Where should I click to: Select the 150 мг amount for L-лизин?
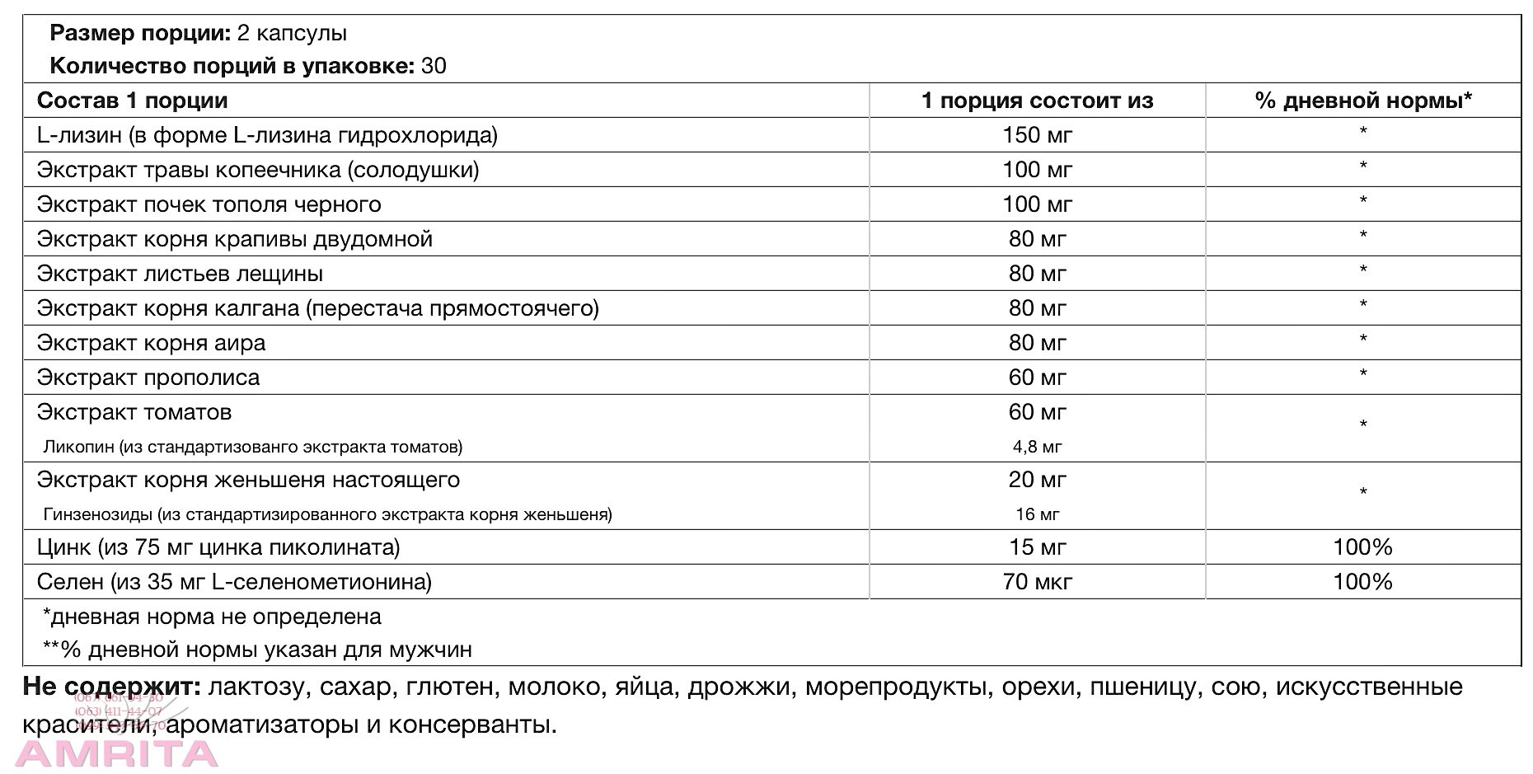pyautogui.click(x=1037, y=135)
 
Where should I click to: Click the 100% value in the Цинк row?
pyautogui.click(x=1362, y=547)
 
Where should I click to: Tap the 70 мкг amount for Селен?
pyautogui.click(x=1037, y=582)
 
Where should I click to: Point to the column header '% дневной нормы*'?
pyautogui.click(x=1363, y=101)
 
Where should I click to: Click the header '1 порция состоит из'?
pyautogui.click(x=1037, y=101)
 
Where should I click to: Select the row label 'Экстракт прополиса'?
pyautogui.click(x=148, y=378)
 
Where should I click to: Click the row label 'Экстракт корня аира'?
pyautogui.click(x=152, y=343)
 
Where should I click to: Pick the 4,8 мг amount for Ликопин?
pyautogui.click(x=1037, y=447)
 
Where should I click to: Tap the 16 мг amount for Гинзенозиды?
pyautogui.click(x=1037, y=514)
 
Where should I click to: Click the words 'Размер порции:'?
pyautogui.click(x=140, y=33)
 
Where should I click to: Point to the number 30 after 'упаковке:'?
pyautogui.click(x=434, y=66)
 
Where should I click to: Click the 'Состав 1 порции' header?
pyautogui.click(x=132, y=101)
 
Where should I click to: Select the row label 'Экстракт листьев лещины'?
pyautogui.click(x=180, y=274)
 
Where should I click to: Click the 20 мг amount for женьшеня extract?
pyautogui.click(x=1037, y=480)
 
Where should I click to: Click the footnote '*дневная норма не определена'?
pyautogui.click(x=212, y=617)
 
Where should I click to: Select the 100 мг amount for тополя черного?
pyautogui.click(x=1037, y=204)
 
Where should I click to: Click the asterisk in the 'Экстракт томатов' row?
pyautogui.click(x=1363, y=425)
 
